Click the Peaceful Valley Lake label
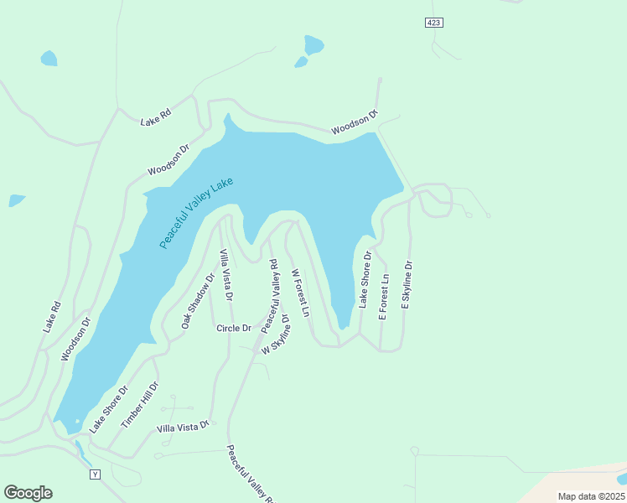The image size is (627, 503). (x=196, y=212)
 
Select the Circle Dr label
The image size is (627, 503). (x=234, y=328)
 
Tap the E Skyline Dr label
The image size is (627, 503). (x=407, y=286)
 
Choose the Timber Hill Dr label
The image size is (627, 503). (x=139, y=407)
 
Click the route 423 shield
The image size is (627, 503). (x=433, y=23)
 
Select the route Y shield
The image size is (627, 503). (x=95, y=474)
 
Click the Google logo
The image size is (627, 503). (x=28, y=493)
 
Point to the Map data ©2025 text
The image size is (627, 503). (x=591, y=496)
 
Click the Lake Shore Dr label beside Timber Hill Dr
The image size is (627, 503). (x=108, y=408)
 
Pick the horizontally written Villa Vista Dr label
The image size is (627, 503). (x=183, y=428)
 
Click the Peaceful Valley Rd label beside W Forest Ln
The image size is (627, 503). (x=269, y=294)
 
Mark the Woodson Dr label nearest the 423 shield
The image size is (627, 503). (x=354, y=125)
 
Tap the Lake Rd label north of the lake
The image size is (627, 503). (x=155, y=119)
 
